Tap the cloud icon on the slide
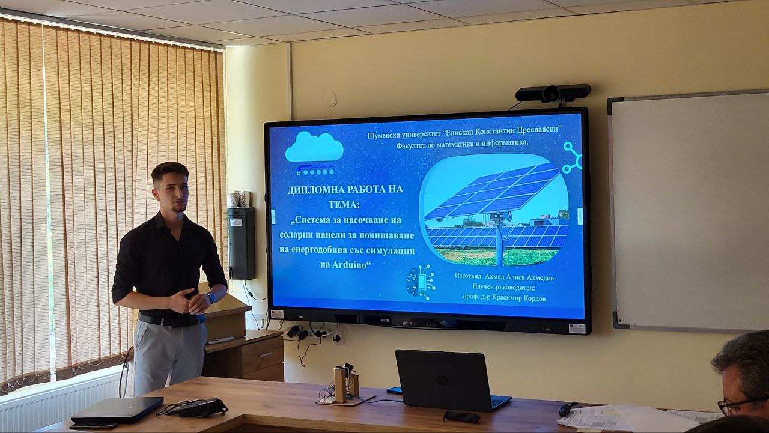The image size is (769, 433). pos(314,147)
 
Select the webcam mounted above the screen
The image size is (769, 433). pos(553,93)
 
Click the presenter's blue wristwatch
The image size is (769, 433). pos(211,297)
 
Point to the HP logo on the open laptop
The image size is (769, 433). pos(442,380)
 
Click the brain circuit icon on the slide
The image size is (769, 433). pos(421,282)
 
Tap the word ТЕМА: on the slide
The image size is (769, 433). pos(344,205)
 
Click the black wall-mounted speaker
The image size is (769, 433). pos(242,243)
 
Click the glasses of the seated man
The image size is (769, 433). pos(738,406)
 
